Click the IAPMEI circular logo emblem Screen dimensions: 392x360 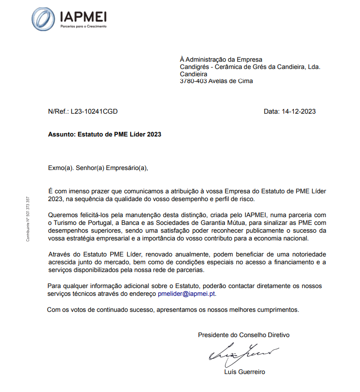click(x=43, y=19)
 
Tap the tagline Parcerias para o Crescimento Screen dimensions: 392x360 click(x=83, y=27)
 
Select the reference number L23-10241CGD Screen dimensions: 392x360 click(x=94, y=111)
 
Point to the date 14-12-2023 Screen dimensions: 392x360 click(x=299, y=111)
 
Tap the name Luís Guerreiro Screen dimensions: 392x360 click(x=245, y=372)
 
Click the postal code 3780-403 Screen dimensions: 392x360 click(x=193, y=82)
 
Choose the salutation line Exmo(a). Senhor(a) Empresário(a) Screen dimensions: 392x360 click(x=97, y=168)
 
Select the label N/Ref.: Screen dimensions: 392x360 click(x=58, y=111)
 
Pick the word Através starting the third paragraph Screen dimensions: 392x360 click(x=61, y=255)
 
